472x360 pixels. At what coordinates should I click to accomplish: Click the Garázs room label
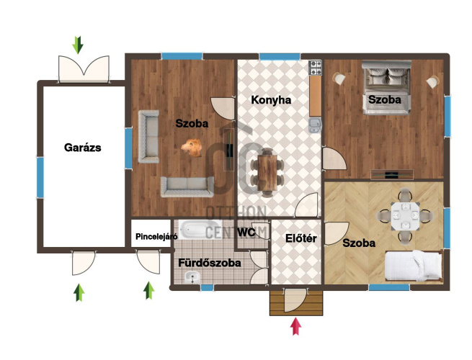[x=83, y=148]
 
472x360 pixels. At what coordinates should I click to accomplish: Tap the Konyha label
[x=271, y=100]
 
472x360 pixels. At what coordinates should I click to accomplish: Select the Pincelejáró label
[x=156, y=237]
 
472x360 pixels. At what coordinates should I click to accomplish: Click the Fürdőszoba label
[x=210, y=263]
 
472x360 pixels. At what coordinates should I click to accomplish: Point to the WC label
[x=246, y=232]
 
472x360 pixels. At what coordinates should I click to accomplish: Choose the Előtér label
[x=301, y=238]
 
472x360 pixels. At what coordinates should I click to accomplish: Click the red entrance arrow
[x=296, y=326]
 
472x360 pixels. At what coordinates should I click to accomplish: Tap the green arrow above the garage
[x=78, y=45]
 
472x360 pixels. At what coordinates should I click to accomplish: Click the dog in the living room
[x=192, y=148]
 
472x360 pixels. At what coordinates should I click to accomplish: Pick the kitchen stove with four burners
[x=315, y=68]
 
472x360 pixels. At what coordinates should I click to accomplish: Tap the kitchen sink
[x=315, y=125]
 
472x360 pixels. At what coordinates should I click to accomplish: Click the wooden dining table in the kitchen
[x=267, y=173]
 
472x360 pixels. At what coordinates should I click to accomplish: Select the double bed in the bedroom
[x=386, y=88]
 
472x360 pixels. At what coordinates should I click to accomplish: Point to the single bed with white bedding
[x=414, y=266]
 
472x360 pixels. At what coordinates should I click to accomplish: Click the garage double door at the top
[x=84, y=69]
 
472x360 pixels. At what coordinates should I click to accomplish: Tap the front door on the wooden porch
[x=295, y=300]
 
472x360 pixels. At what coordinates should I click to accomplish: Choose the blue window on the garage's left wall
[x=40, y=177]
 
